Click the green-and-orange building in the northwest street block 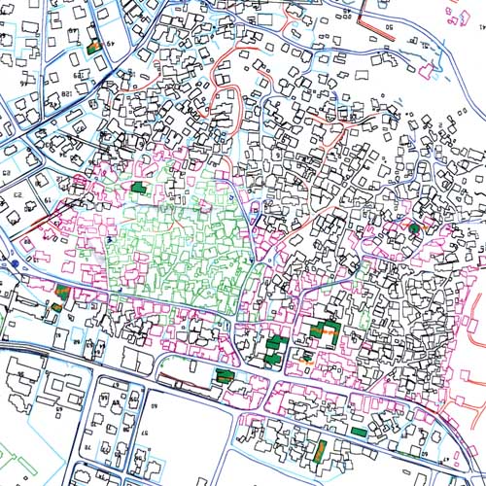pos(94,45)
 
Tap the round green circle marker pos(414,227)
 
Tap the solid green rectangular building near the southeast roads pos(361,430)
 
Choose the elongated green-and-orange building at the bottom pos(320,450)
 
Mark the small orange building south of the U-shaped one pos(307,358)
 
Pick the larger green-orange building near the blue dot pos(64,291)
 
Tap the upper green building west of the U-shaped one pos(275,342)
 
